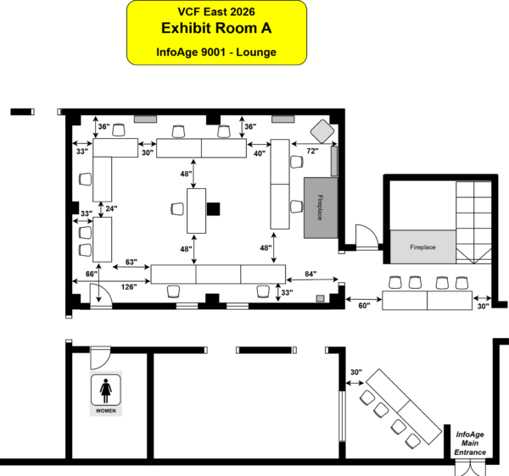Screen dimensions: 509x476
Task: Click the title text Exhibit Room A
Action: [216, 28]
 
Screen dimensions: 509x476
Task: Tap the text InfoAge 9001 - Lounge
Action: [216, 52]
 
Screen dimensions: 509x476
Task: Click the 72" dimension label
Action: [312, 151]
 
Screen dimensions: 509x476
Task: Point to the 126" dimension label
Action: [129, 287]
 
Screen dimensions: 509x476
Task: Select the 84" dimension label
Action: [310, 274]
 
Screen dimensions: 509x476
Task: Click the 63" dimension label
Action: [131, 262]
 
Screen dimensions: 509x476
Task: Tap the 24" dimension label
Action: [111, 208]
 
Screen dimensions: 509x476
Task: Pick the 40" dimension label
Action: [260, 153]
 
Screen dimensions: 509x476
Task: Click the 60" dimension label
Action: [364, 306]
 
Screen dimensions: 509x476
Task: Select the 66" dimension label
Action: [92, 274]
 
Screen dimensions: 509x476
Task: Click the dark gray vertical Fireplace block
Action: [321, 208]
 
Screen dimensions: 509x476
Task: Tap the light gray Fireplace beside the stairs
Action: [422, 247]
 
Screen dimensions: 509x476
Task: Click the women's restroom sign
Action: [106, 394]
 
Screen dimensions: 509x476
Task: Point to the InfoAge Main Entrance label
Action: [470, 443]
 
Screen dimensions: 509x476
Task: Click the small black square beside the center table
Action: [213, 209]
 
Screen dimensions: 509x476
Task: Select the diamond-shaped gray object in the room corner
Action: [322, 131]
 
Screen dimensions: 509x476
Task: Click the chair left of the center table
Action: [177, 208]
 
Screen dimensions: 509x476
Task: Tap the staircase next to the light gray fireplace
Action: [473, 222]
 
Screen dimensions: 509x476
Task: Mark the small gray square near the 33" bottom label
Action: [320, 299]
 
